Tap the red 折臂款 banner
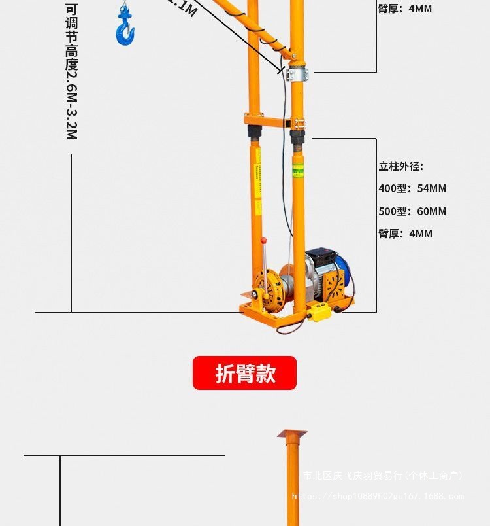[x=244, y=373]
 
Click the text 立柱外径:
[x=401, y=166]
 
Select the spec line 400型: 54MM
[x=412, y=188]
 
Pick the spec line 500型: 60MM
[x=412, y=211]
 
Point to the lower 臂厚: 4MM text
[x=405, y=234]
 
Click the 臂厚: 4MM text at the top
[x=405, y=9]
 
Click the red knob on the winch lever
[x=264, y=241]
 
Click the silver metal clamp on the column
[x=297, y=71]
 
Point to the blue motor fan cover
[x=344, y=270]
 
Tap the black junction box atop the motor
[x=319, y=256]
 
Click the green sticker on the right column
[x=297, y=171]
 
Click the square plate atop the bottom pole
[x=291, y=434]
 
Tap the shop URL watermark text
[x=378, y=496]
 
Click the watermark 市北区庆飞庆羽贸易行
[x=382, y=476]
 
